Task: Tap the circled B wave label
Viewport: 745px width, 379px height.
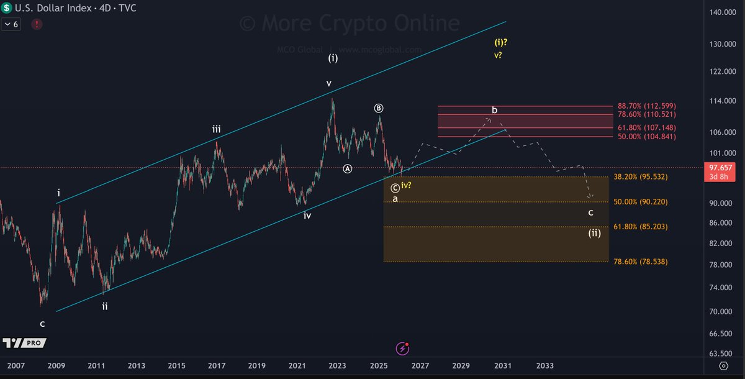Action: (x=379, y=108)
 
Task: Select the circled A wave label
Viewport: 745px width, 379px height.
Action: (x=348, y=168)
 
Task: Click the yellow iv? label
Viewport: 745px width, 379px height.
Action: (x=407, y=186)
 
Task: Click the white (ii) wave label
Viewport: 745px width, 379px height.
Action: (x=594, y=234)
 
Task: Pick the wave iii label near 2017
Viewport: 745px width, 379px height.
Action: (x=216, y=129)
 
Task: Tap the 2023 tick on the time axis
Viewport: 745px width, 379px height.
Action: (x=336, y=365)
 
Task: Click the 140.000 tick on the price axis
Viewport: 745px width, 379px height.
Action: (x=725, y=12)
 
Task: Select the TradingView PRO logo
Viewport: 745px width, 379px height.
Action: (x=24, y=343)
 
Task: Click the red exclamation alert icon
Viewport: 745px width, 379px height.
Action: (x=37, y=24)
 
